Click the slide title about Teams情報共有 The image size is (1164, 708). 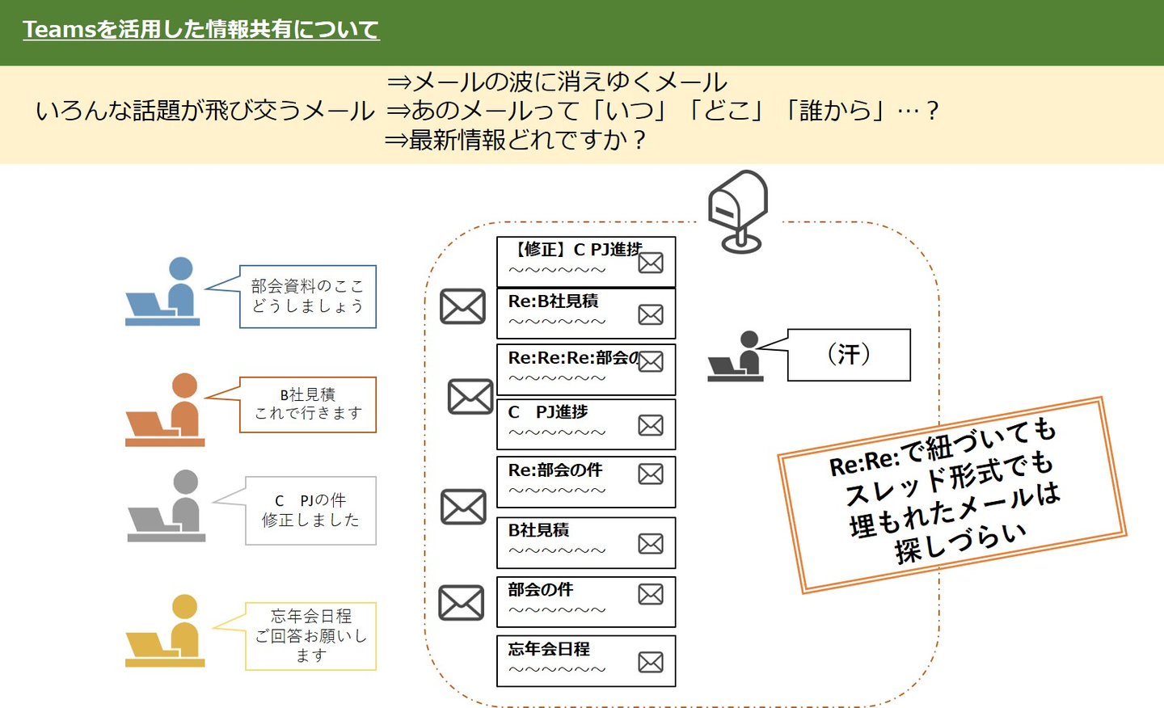click(x=200, y=30)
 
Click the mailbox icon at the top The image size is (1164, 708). click(x=737, y=211)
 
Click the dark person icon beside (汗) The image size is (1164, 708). click(x=736, y=356)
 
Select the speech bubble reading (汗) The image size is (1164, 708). click(x=848, y=355)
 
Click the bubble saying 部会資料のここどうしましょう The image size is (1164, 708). click(x=307, y=297)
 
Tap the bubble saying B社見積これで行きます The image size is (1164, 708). click(x=307, y=404)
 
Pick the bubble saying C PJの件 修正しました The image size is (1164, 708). click(x=310, y=511)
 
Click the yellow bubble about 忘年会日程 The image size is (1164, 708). click(x=310, y=636)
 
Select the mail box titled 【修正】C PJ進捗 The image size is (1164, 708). click(x=585, y=261)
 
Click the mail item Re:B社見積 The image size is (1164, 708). click(x=585, y=314)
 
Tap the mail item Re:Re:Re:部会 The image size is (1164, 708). click(x=585, y=369)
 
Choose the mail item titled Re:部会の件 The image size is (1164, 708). click(x=585, y=482)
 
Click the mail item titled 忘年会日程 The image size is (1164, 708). click(x=585, y=661)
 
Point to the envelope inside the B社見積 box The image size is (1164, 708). click(x=651, y=544)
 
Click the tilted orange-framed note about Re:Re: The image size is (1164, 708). click(x=951, y=495)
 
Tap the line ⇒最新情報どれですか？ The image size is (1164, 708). click(x=516, y=141)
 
